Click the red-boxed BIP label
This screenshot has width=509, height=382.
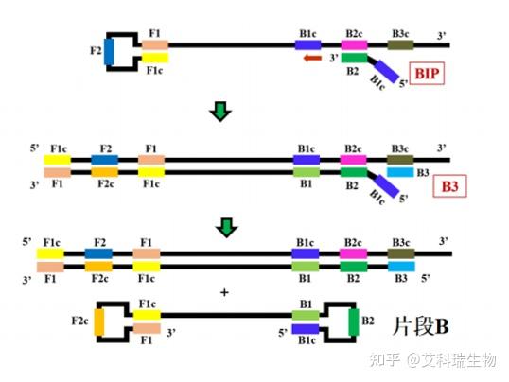(428, 76)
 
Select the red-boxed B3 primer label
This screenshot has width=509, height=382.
(449, 187)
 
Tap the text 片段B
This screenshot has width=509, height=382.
(420, 325)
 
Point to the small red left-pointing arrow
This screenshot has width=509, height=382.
(309, 59)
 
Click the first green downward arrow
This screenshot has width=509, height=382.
(220, 113)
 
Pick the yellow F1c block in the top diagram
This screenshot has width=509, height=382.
(155, 60)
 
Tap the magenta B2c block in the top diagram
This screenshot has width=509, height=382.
(354, 45)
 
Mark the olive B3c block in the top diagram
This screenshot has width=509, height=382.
(401, 44)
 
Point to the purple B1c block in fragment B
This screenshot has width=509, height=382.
(306, 330)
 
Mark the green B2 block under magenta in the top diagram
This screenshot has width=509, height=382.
(353, 58)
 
